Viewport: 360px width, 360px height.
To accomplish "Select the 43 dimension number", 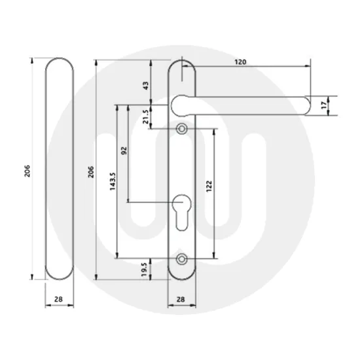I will coord(145,85).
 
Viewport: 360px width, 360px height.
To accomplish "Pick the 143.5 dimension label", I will coord(112,181).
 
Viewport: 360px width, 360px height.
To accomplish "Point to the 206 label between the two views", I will coord(92,170).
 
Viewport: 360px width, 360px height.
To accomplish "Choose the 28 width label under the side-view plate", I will coord(60,299).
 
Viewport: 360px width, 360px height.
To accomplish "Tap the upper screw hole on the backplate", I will coord(182,128).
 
